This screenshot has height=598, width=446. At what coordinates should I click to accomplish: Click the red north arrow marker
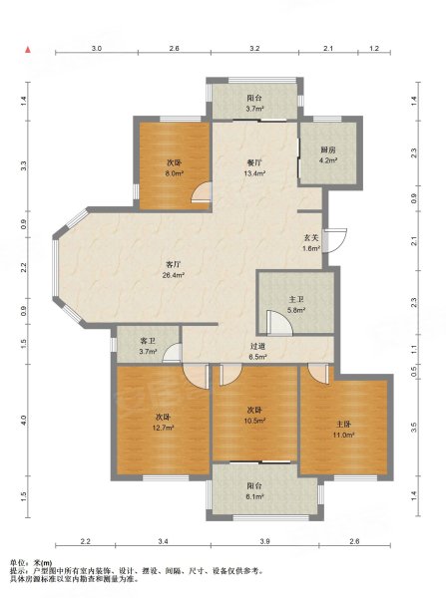(28, 50)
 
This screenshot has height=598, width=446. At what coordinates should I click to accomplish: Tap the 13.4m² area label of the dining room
(254, 173)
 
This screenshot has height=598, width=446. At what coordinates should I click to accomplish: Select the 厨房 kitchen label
(328, 149)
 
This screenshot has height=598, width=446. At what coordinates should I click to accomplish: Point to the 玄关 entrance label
(311, 237)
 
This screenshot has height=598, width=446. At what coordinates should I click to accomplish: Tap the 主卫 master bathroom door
(279, 323)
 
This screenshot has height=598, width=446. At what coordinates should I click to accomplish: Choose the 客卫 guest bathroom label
(148, 341)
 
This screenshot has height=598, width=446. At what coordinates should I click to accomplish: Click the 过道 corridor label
(257, 346)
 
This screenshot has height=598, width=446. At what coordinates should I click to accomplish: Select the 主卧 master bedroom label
(343, 424)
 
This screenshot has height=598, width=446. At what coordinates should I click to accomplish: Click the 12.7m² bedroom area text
(163, 428)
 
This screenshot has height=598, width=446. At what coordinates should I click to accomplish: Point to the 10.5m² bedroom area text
(254, 421)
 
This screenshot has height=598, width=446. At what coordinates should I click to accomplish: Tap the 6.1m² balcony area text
(254, 497)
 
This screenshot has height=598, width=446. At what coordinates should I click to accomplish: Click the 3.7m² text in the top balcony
(254, 109)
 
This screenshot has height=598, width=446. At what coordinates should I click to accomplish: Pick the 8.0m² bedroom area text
(174, 173)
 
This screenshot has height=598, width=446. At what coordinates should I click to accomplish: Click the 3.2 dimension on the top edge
(254, 49)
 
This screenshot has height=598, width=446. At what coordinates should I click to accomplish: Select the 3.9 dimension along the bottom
(265, 541)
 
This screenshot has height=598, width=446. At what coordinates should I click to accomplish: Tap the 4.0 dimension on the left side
(24, 421)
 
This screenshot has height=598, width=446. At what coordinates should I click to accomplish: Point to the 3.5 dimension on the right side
(414, 428)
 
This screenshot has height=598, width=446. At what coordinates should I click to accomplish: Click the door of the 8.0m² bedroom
(202, 191)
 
